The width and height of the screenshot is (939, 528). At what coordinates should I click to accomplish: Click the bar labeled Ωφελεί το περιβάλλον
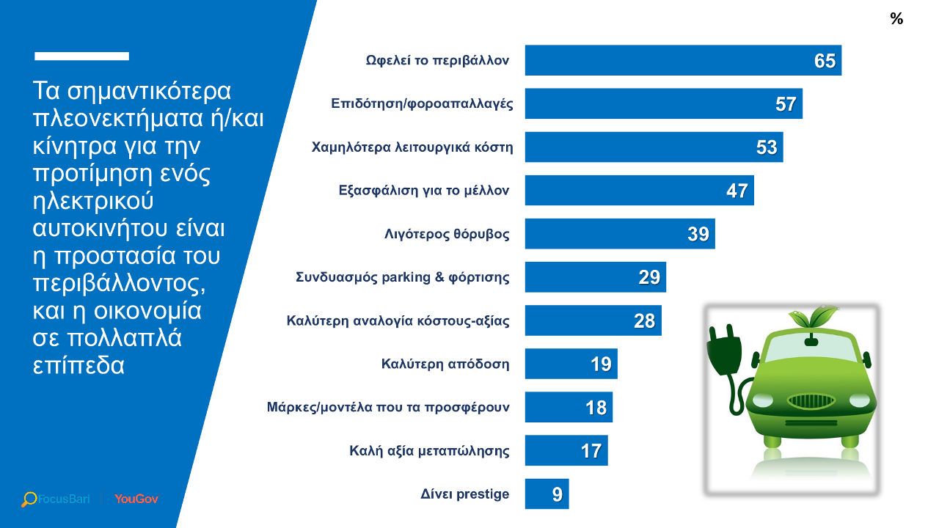pos(682,60)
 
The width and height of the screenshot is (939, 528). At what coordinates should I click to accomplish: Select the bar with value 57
pos(663,103)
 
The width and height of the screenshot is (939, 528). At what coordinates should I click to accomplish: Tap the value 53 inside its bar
pos(767,147)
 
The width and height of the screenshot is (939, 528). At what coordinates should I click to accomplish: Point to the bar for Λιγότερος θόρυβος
pos(619,234)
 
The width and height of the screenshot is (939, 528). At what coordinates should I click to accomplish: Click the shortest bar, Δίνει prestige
pos(547,494)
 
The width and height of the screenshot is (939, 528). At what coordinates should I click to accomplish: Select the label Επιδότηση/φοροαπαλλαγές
pos(422,104)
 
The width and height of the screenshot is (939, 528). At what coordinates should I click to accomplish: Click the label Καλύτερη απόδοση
pos(445,364)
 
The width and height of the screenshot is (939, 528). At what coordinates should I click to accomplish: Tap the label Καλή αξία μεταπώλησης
pos(429,450)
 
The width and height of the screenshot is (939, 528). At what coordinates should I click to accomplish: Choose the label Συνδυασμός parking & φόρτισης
pos(402,278)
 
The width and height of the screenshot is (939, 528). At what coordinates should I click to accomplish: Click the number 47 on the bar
pos(737,191)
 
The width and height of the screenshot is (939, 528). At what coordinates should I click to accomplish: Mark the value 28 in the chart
pos(644,320)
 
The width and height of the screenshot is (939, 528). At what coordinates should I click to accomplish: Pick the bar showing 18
pos(568,407)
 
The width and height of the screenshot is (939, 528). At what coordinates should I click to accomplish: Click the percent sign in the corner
pos(896,19)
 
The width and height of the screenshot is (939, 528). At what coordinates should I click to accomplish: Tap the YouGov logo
pos(136,499)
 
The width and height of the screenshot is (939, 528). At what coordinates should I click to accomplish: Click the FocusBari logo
pos(56,499)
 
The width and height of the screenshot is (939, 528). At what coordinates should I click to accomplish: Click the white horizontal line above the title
pos(81,56)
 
